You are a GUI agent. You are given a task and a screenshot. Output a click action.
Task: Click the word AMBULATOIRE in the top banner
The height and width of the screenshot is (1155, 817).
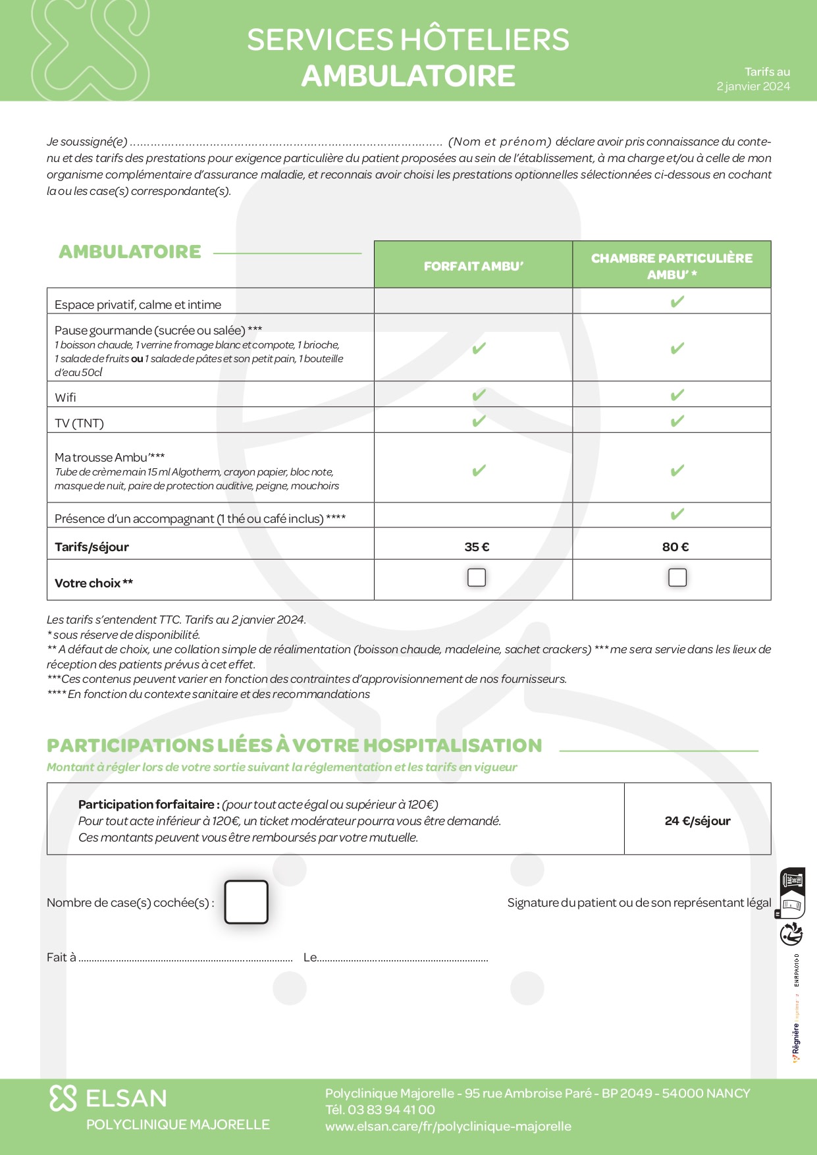pyautogui.click(x=408, y=76)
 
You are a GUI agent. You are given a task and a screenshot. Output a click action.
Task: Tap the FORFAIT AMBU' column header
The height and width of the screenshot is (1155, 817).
pyautogui.click(x=473, y=266)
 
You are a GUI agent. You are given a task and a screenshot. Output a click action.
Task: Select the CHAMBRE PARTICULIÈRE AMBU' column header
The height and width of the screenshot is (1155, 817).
pyautogui.click(x=672, y=266)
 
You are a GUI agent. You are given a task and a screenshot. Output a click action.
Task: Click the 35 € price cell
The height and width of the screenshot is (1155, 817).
pyautogui.click(x=477, y=547)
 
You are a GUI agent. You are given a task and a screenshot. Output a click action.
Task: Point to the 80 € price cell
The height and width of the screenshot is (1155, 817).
pyautogui.click(x=675, y=547)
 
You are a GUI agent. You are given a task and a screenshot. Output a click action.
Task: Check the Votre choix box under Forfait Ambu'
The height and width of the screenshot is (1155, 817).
pyautogui.click(x=477, y=577)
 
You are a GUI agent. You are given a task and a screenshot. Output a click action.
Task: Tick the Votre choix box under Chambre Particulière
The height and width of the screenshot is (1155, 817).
pyautogui.click(x=677, y=577)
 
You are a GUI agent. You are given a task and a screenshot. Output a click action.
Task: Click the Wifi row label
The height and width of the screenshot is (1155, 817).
pyautogui.click(x=65, y=397)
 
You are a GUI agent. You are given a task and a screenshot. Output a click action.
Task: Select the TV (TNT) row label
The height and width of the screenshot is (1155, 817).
pyautogui.click(x=79, y=423)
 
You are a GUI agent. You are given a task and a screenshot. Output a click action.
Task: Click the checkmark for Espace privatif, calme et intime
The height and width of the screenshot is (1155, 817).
pyautogui.click(x=677, y=302)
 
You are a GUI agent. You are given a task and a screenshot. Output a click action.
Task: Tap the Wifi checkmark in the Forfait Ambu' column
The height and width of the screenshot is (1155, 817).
pyautogui.click(x=479, y=395)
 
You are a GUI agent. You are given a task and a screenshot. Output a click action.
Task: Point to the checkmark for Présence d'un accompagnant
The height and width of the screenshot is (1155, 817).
pyautogui.click(x=677, y=514)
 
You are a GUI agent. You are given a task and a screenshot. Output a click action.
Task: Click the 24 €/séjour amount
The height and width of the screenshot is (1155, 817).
pyautogui.click(x=697, y=820)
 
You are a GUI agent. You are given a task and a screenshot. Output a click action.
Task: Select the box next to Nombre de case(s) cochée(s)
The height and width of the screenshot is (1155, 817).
pyautogui.click(x=246, y=902)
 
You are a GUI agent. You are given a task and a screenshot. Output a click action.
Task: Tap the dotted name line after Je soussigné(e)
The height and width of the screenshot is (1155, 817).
pyautogui.click(x=286, y=142)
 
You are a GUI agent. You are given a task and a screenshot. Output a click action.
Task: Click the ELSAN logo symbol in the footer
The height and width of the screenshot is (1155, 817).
pyautogui.click(x=63, y=1098)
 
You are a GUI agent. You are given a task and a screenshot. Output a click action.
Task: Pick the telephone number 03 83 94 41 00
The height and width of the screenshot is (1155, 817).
pyautogui.click(x=391, y=1110)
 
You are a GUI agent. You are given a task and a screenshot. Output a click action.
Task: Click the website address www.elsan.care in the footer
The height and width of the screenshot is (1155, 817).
pyautogui.click(x=448, y=1126)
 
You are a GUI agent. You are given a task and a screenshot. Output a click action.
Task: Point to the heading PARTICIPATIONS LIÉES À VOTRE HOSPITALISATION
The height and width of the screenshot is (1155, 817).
pyautogui.click(x=294, y=745)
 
